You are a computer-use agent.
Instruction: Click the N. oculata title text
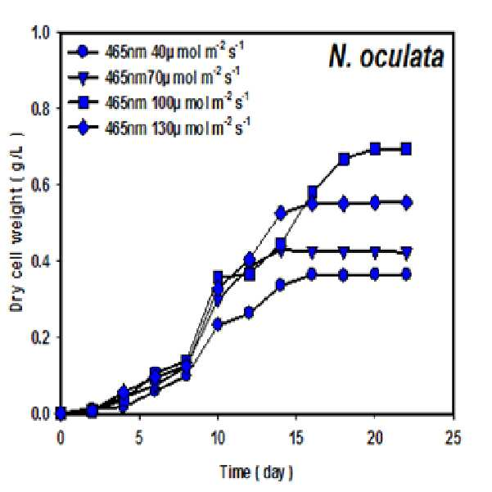[386, 56]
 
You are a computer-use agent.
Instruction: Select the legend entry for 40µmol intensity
[156, 52]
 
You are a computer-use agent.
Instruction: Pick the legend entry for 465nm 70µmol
[154, 77]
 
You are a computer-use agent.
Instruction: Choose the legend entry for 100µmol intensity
[158, 102]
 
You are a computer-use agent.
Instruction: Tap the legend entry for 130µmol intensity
[160, 128]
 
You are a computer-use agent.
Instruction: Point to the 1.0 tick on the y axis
[40, 33]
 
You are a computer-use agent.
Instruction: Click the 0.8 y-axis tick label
[40, 109]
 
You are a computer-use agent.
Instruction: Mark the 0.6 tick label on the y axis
[40, 185]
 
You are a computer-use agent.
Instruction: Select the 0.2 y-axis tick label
[40, 337]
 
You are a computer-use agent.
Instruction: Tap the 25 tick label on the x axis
[454, 437]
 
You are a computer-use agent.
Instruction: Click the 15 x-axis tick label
[296, 437]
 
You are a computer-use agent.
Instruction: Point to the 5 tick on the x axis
[139, 437]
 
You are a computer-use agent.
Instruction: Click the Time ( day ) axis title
[256, 472]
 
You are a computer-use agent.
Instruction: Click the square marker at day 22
[406, 149]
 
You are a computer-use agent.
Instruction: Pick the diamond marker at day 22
[407, 203]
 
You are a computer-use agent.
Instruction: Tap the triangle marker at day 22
[407, 252]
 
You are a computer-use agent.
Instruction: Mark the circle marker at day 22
[407, 275]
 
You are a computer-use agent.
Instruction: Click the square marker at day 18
[344, 160]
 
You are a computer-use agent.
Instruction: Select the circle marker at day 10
[218, 324]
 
